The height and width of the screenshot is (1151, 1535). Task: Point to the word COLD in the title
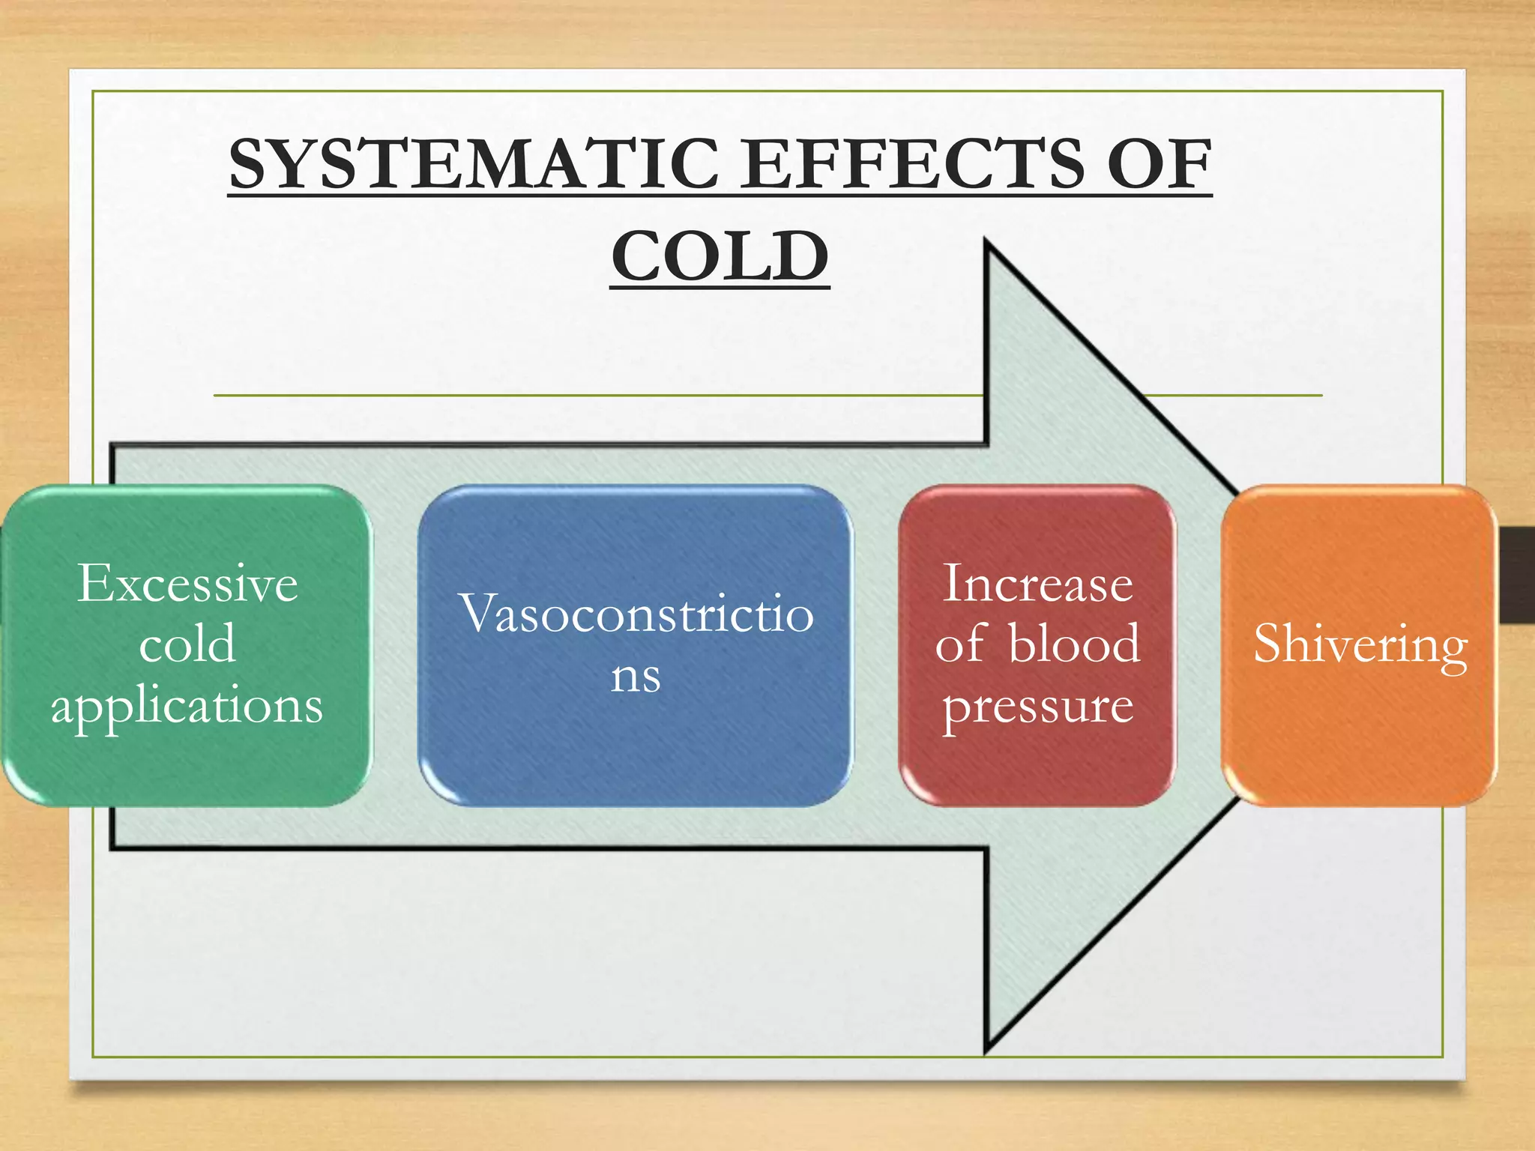(x=720, y=256)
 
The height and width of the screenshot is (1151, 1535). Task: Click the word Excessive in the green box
(x=187, y=584)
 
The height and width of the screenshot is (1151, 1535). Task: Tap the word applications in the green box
(x=187, y=705)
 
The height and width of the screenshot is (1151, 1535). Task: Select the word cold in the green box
(x=187, y=644)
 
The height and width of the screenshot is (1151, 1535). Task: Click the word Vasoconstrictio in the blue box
(x=636, y=614)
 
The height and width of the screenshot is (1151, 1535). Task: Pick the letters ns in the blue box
(x=636, y=675)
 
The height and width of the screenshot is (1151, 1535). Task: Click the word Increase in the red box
(x=1037, y=584)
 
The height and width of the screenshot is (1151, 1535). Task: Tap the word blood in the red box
(x=1074, y=644)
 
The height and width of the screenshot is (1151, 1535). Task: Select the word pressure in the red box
(x=1037, y=705)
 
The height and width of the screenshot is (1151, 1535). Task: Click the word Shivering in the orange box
(x=1360, y=644)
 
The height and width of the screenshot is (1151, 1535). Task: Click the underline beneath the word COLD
(x=720, y=287)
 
